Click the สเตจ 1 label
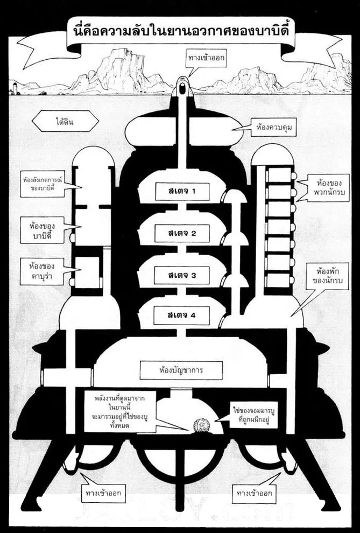coord(181,191)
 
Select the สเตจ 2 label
coord(181,233)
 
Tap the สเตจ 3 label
coord(181,275)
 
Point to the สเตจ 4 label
coord(181,315)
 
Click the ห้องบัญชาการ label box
coord(181,370)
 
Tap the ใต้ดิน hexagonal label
coord(65,122)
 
